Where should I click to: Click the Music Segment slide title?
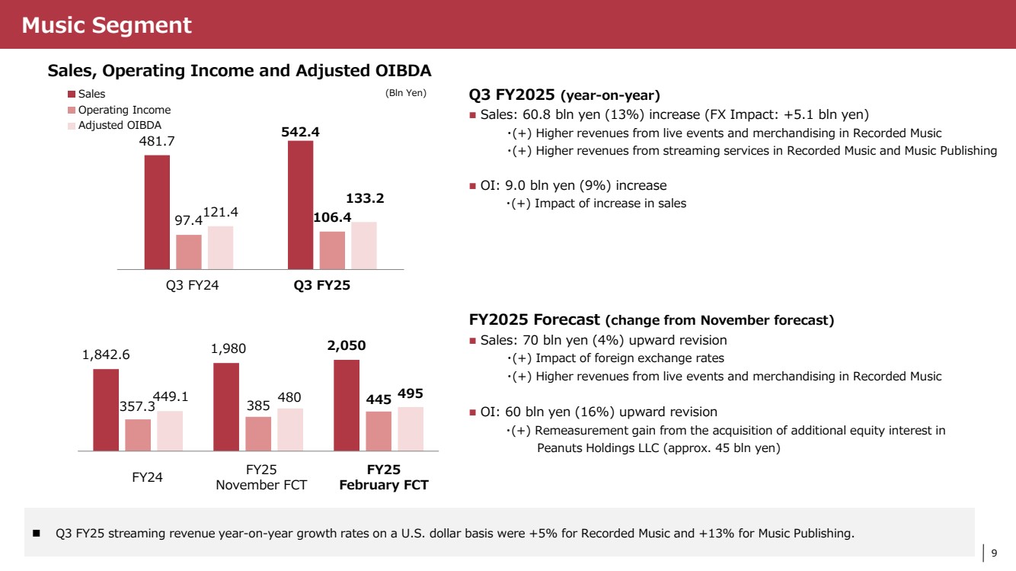[x=107, y=25]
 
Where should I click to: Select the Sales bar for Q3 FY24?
[x=157, y=212]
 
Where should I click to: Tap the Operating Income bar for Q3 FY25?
[x=332, y=250]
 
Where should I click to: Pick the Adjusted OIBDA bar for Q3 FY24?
[x=221, y=248]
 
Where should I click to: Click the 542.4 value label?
[x=300, y=132]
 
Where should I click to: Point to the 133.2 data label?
[x=365, y=198]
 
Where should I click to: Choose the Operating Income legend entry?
[x=124, y=110]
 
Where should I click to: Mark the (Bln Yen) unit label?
[x=406, y=94]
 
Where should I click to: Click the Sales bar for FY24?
[x=106, y=410]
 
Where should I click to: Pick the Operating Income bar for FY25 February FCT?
[x=379, y=431]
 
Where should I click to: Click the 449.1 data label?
[x=171, y=396]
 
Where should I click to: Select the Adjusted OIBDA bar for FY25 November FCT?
[x=290, y=429]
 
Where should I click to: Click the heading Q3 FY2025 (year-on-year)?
[x=564, y=95]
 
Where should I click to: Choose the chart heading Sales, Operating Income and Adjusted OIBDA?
[x=240, y=71]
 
